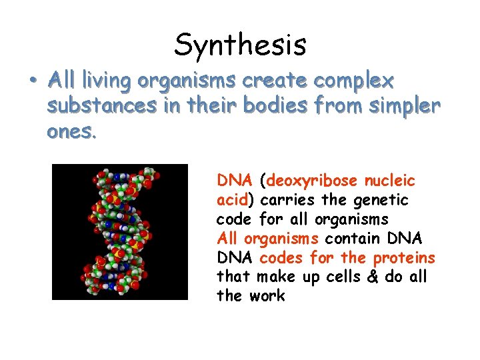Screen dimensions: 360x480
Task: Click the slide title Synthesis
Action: [x=240, y=45]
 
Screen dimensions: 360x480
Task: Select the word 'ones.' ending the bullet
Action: [x=72, y=131]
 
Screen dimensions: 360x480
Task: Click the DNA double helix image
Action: [x=120, y=231]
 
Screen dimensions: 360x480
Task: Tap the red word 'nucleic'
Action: [x=391, y=180]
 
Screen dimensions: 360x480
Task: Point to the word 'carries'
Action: [x=285, y=200]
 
